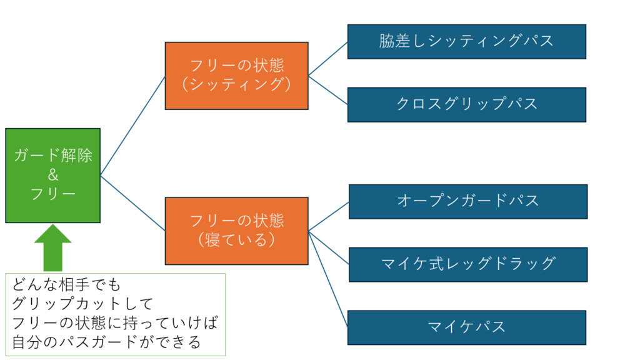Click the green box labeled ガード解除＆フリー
tap(52, 175)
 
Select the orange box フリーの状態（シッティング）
tap(236, 76)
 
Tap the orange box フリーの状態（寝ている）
tap(236, 230)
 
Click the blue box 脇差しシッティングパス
tap(466, 41)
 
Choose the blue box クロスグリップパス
tap(466, 104)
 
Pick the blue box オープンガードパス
tap(467, 201)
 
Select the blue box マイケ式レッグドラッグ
tap(467, 264)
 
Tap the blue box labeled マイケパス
tap(466, 327)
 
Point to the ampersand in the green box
tap(53, 176)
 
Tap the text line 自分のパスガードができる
tap(106, 342)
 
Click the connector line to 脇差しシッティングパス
tap(328, 59)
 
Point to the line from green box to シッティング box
tap(132, 125)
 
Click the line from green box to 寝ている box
tap(132, 202)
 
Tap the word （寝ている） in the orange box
tap(236, 239)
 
